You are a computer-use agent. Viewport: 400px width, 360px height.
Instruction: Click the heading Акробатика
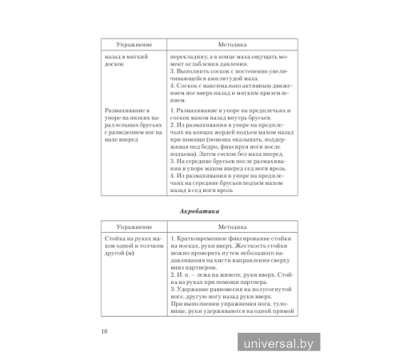pyautogui.click(x=199, y=210)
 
